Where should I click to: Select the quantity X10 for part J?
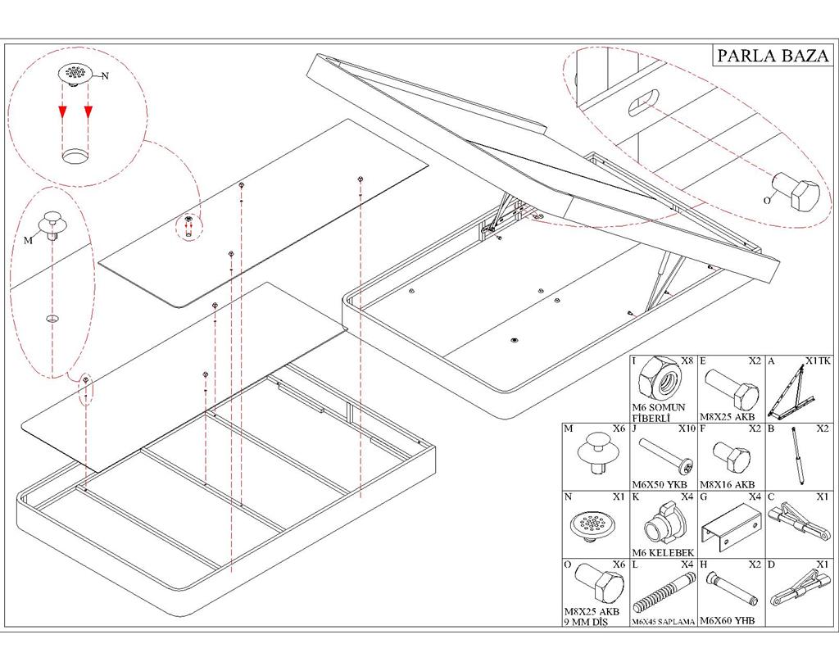(x=686, y=429)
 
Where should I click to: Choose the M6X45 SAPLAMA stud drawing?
(x=662, y=593)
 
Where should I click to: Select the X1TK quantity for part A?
(x=818, y=361)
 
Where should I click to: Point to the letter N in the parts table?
(x=569, y=497)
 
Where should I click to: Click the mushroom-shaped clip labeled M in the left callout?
(x=50, y=224)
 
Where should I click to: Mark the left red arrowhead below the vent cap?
(x=62, y=111)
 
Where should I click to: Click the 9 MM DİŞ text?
(x=586, y=622)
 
